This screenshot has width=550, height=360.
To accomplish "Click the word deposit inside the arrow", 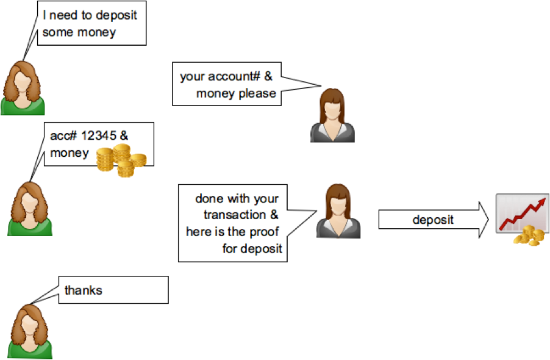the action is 433,220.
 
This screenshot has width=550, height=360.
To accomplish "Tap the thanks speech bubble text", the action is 84,290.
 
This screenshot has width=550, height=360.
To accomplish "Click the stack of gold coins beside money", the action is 121,160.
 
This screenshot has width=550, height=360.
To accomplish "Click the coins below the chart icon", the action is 530,236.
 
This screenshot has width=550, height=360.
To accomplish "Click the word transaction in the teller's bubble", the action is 235,215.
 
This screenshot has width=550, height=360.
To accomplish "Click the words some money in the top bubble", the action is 79,32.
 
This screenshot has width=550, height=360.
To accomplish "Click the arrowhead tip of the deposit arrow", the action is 488,220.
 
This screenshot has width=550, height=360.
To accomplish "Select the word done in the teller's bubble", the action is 209,198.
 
